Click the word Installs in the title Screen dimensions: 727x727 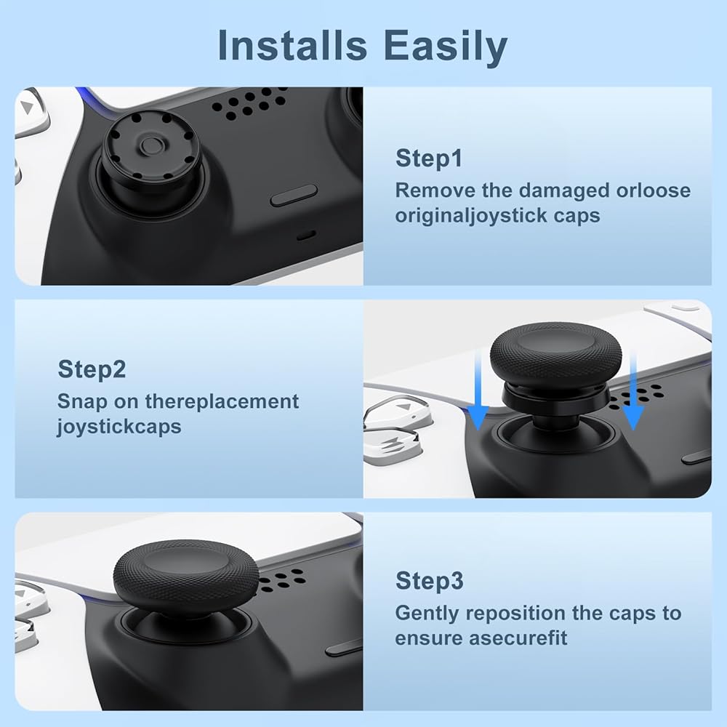pos(292,45)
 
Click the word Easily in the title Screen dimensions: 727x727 pos(446,47)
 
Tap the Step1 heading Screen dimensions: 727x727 pos(429,158)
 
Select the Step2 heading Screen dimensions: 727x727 pos(92,369)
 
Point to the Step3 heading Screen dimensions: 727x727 pos(430,580)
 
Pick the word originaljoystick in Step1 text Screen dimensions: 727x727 pos(471,216)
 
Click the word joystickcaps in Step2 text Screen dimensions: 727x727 pos(119,427)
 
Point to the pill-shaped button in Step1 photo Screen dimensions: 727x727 pos(294,196)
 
